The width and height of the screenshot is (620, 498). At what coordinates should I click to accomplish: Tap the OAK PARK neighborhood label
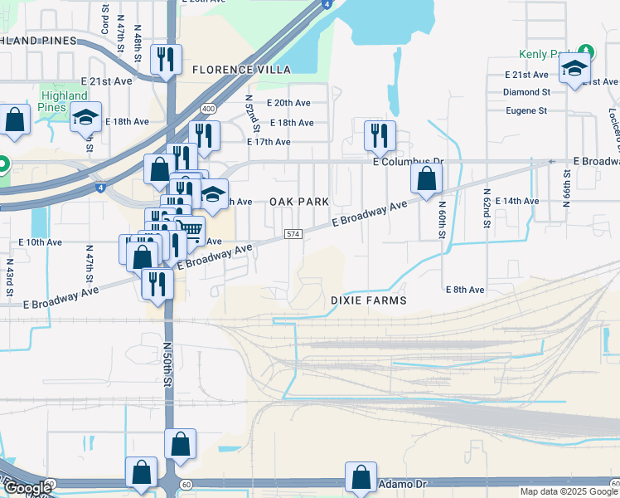[299, 202]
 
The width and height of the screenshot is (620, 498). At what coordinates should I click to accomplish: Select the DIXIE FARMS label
[369, 300]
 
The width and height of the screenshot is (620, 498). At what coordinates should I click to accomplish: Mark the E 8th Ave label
[464, 290]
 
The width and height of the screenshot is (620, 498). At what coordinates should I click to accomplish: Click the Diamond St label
[526, 92]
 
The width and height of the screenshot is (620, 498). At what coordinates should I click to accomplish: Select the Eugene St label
[526, 110]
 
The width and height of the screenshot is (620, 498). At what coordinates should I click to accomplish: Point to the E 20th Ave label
[288, 103]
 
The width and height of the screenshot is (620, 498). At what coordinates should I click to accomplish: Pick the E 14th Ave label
[516, 201]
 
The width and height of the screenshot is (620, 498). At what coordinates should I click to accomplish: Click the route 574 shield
[293, 236]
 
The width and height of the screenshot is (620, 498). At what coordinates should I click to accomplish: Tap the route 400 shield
[207, 109]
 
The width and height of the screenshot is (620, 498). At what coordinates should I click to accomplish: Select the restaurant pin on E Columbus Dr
[380, 135]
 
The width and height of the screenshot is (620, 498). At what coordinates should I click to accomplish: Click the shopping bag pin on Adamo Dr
[361, 477]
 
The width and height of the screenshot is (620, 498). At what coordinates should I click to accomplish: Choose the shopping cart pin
[191, 230]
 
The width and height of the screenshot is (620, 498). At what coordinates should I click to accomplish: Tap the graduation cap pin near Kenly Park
[574, 69]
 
